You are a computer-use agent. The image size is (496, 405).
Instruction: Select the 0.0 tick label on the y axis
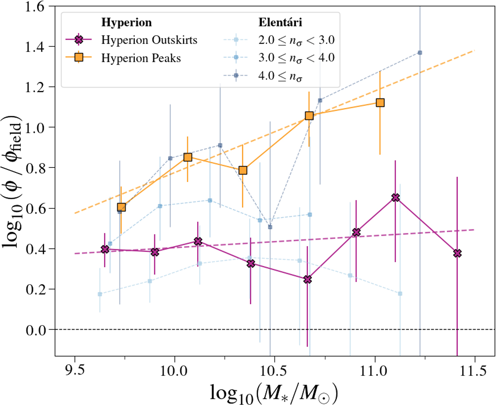point(40,330)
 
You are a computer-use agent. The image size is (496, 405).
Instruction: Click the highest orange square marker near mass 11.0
point(380,102)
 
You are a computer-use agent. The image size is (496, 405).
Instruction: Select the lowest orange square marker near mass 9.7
point(121,207)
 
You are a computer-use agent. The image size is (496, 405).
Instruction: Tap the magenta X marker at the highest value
point(396,198)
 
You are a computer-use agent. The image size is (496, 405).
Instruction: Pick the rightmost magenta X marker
point(457,253)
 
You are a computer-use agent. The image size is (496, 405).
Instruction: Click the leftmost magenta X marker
point(105,249)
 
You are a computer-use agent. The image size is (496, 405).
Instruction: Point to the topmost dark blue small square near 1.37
point(420,53)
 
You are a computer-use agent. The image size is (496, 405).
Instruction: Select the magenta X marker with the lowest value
point(307,280)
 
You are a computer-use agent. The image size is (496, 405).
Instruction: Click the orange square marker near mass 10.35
point(243,170)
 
